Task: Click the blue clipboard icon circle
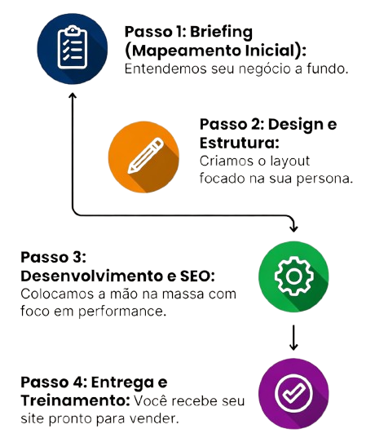click(x=73, y=49)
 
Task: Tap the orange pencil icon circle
click(x=143, y=157)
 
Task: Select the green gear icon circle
click(x=293, y=276)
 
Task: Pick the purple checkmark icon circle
click(x=293, y=394)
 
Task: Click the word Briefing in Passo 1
click(x=221, y=33)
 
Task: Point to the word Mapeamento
click(x=186, y=51)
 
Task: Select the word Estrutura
click(x=238, y=143)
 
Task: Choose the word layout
click(x=290, y=161)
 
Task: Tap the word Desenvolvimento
click(x=92, y=276)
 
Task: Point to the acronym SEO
click(x=196, y=276)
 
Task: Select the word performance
click(x=122, y=312)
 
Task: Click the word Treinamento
click(x=75, y=400)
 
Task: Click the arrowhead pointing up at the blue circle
click(x=73, y=96)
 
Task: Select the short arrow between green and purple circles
click(x=293, y=338)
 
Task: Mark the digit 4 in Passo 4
click(x=74, y=382)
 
